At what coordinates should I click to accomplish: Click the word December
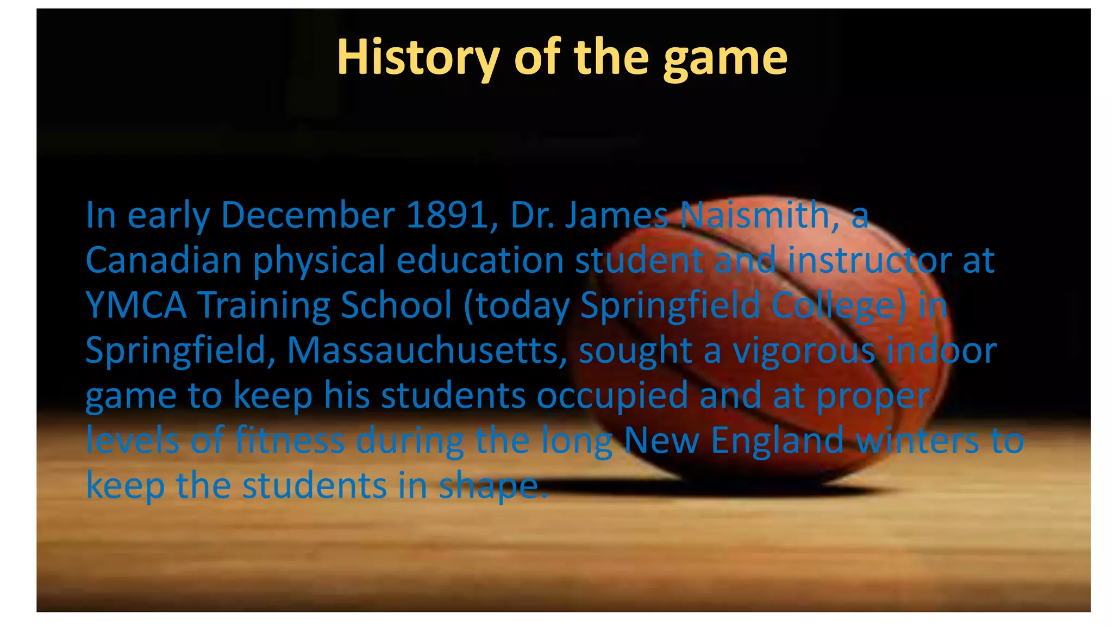tap(308, 215)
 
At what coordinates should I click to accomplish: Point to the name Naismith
tap(760, 215)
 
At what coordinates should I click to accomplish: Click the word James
tap(617, 215)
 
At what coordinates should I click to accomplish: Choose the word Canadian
tap(163, 260)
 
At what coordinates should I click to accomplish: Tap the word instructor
tap(870, 260)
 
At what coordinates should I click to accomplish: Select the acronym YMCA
tap(136, 305)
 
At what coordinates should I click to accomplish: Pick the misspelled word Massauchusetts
tap(427, 350)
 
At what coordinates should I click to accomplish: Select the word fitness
tap(290, 441)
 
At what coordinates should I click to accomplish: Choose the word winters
tap(917, 441)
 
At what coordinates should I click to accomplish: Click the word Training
tap(264, 306)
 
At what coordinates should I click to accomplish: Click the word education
tap(480, 260)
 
